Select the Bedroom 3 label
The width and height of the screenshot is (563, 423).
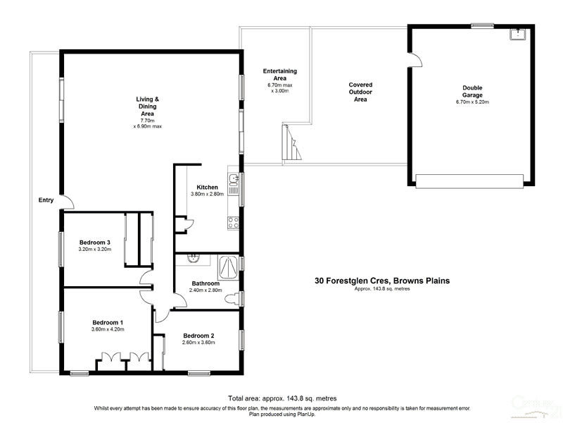[94, 242]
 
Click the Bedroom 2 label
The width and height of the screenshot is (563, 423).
[198, 335]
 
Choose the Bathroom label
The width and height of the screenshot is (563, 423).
[207, 283]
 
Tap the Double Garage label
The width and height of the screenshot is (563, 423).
[472, 91]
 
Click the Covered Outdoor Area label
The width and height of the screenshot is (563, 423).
[360, 92]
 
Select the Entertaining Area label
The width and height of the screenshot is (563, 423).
[279, 75]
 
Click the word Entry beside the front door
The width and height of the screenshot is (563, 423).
[46, 200]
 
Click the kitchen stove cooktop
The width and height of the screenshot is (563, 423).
[233, 223]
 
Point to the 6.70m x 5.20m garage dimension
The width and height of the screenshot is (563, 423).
[472, 102]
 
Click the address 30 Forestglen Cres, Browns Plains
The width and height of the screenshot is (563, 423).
[382, 280]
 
